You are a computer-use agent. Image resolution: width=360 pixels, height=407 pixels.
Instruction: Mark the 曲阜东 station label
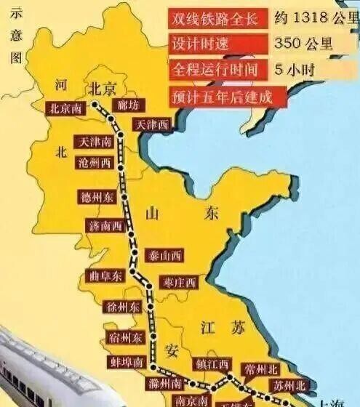(104, 277)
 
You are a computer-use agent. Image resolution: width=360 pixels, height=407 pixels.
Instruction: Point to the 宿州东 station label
(126, 338)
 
